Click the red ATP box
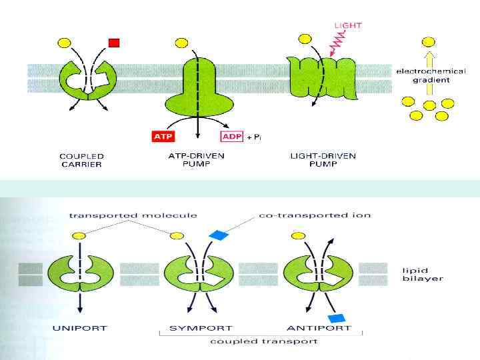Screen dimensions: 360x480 click(x=159, y=137)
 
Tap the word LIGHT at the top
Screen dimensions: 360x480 click(x=347, y=25)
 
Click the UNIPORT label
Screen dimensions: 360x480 click(x=80, y=328)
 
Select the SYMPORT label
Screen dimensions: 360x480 click(x=191, y=328)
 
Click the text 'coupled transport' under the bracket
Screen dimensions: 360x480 click(x=263, y=341)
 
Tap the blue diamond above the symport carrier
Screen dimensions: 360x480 click(x=218, y=235)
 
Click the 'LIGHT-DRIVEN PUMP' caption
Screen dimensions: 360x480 click(x=323, y=160)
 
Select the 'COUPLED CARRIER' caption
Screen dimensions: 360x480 click(x=81, y=160)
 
